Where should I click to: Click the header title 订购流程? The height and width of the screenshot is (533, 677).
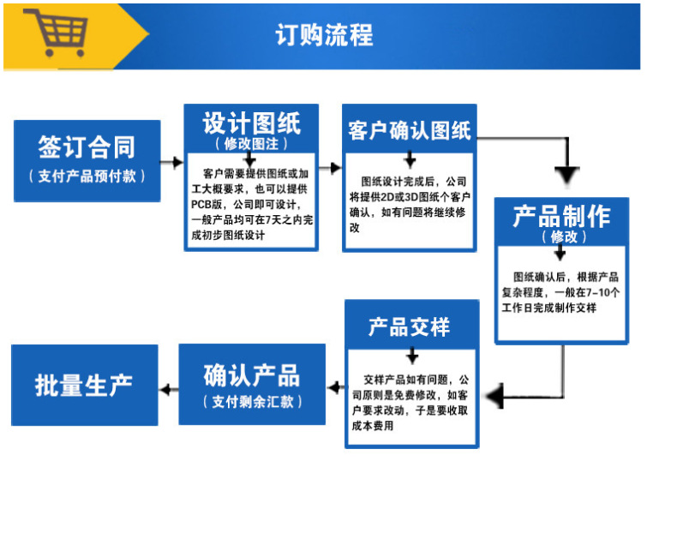[x=324, y=35]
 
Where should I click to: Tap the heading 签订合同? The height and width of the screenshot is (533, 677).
[x=87, y=147]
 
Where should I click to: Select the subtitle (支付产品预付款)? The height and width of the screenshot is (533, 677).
[x=87, y=176]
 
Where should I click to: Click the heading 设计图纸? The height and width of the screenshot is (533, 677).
[x=251, y=123]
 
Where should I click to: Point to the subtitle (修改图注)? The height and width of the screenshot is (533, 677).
[x=251, y=143]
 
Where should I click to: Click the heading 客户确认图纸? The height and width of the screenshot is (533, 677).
[x=409, y=131]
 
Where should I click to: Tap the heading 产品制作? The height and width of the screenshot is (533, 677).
[x=561, y=216]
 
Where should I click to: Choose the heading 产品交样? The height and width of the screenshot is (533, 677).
[x=409, y=326]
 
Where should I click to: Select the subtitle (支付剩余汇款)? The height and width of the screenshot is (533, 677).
[x=252, y=401]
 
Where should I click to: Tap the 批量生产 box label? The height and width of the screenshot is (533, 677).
[x=84, y=385]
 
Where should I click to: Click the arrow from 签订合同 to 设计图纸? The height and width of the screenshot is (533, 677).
[x=172, y=162]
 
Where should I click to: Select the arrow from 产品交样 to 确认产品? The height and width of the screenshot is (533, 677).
[x=335, y=390]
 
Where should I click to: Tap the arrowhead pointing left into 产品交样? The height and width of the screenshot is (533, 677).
[x=492, y=397]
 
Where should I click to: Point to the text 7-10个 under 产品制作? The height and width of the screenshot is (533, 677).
[x=604, y=292]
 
